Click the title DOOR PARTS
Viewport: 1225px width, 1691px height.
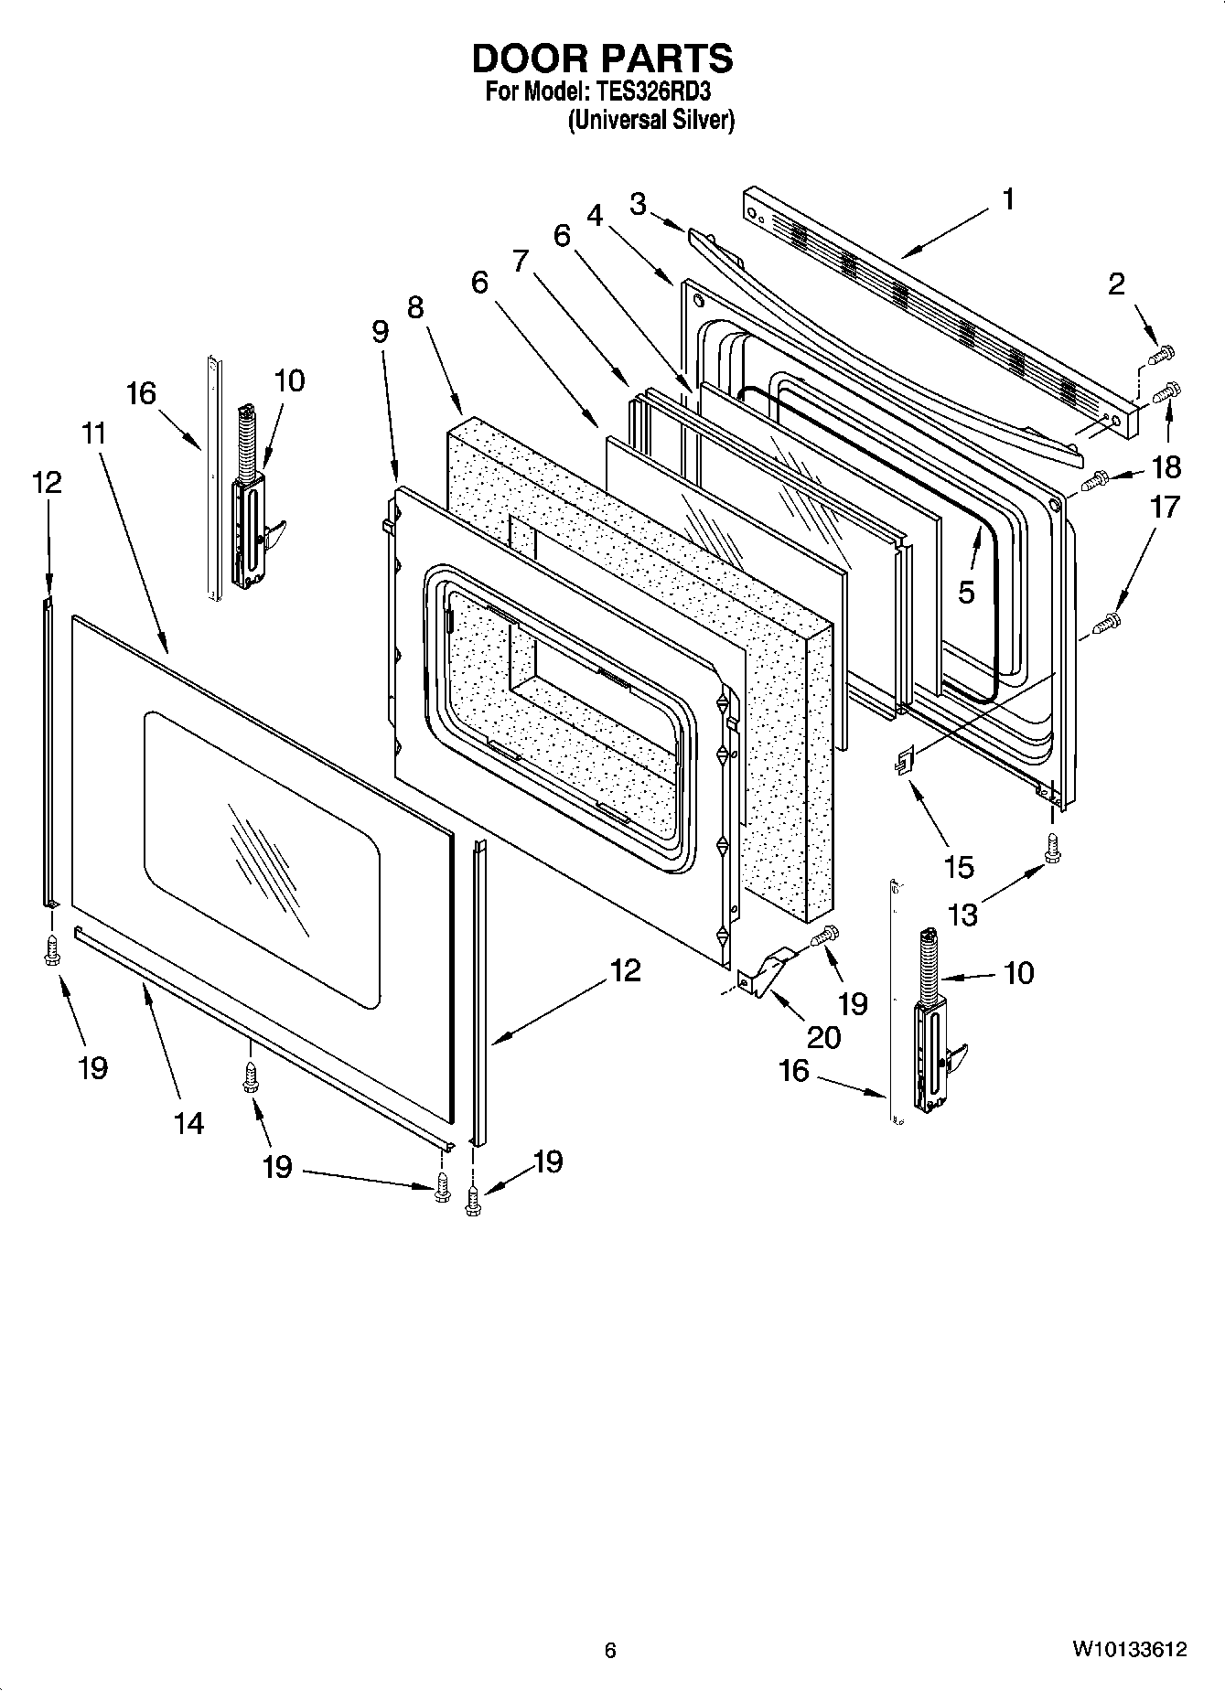[602, 59]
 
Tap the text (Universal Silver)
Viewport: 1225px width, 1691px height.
[651, 120]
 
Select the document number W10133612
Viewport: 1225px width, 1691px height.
[1130, 1650]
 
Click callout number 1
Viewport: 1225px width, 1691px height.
[1008, 200]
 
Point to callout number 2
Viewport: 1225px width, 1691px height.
[1116, 284]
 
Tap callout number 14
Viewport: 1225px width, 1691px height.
[188, 1123]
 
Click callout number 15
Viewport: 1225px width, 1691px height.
[959, 867]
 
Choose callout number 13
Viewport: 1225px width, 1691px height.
[963, 913]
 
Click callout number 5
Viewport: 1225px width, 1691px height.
[966, 593]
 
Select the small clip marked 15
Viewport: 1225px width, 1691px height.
[905, 758]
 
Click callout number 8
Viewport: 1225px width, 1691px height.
[416, 307]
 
